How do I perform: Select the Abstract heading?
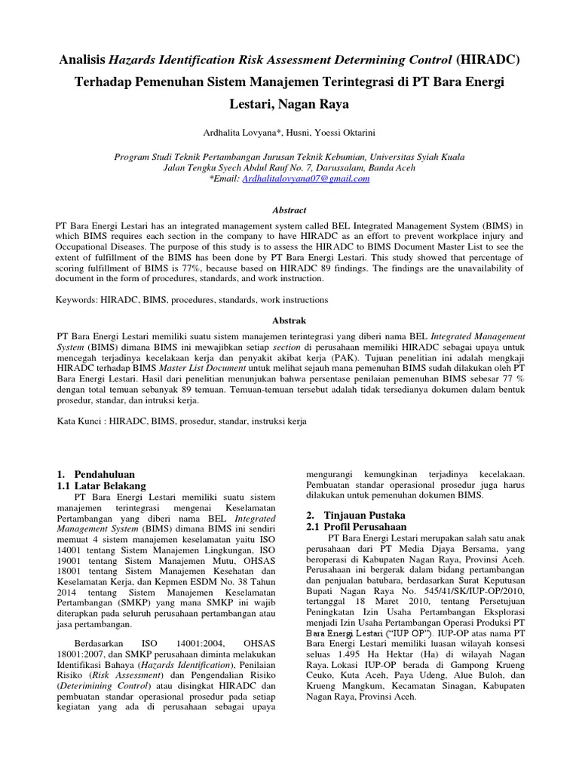pos(289,210)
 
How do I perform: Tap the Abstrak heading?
pos(289,320)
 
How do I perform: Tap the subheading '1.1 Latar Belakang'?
pos(102,486)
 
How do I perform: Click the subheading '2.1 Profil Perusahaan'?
pos(356,526)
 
